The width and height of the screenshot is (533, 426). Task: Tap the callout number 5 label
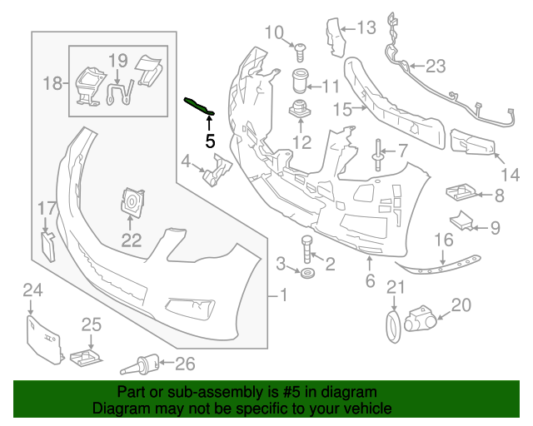click(210, 141)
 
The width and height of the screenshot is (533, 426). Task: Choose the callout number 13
click(367, 28)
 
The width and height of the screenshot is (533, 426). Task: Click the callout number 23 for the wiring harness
click(436, 66)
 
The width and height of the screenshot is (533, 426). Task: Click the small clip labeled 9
click(462, 222)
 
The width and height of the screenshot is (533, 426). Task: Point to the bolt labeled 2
click(306, 247)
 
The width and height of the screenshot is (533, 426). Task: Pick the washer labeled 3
click(307, 275)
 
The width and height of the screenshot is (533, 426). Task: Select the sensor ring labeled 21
click(391, 324)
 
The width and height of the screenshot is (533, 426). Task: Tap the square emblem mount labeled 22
click(132, 203)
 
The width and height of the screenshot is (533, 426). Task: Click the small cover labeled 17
click(47, 245)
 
